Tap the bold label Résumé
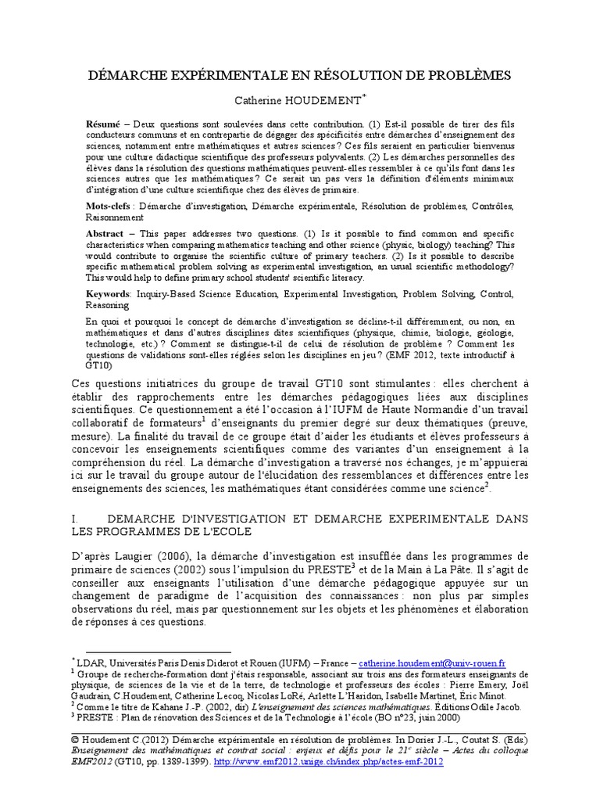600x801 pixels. click(103, 124)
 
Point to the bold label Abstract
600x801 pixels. click(106, 233)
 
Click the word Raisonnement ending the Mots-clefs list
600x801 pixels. click(116, 218)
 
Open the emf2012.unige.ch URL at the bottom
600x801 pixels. click(328, 760)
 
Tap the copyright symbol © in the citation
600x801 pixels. click(74, 738)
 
